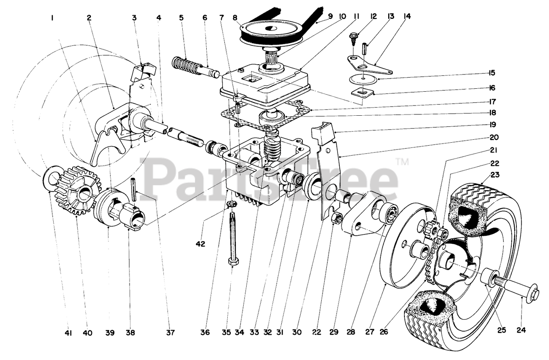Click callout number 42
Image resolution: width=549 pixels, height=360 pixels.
pyautogui.click(x=200, y=244)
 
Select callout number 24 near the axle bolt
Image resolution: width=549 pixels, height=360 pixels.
pyautogui.click(x=521, y=330)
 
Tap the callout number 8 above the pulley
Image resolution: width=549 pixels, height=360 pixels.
pyautogui.click(x=234, y=18)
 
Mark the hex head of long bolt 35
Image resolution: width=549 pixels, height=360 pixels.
pyautogui.click(x=233, y=261)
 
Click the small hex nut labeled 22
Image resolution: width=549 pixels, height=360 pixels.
pyautogui.click(x=337, y=219)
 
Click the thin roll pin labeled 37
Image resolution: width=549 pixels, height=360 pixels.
pyautogui.click(x=134, y=189)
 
